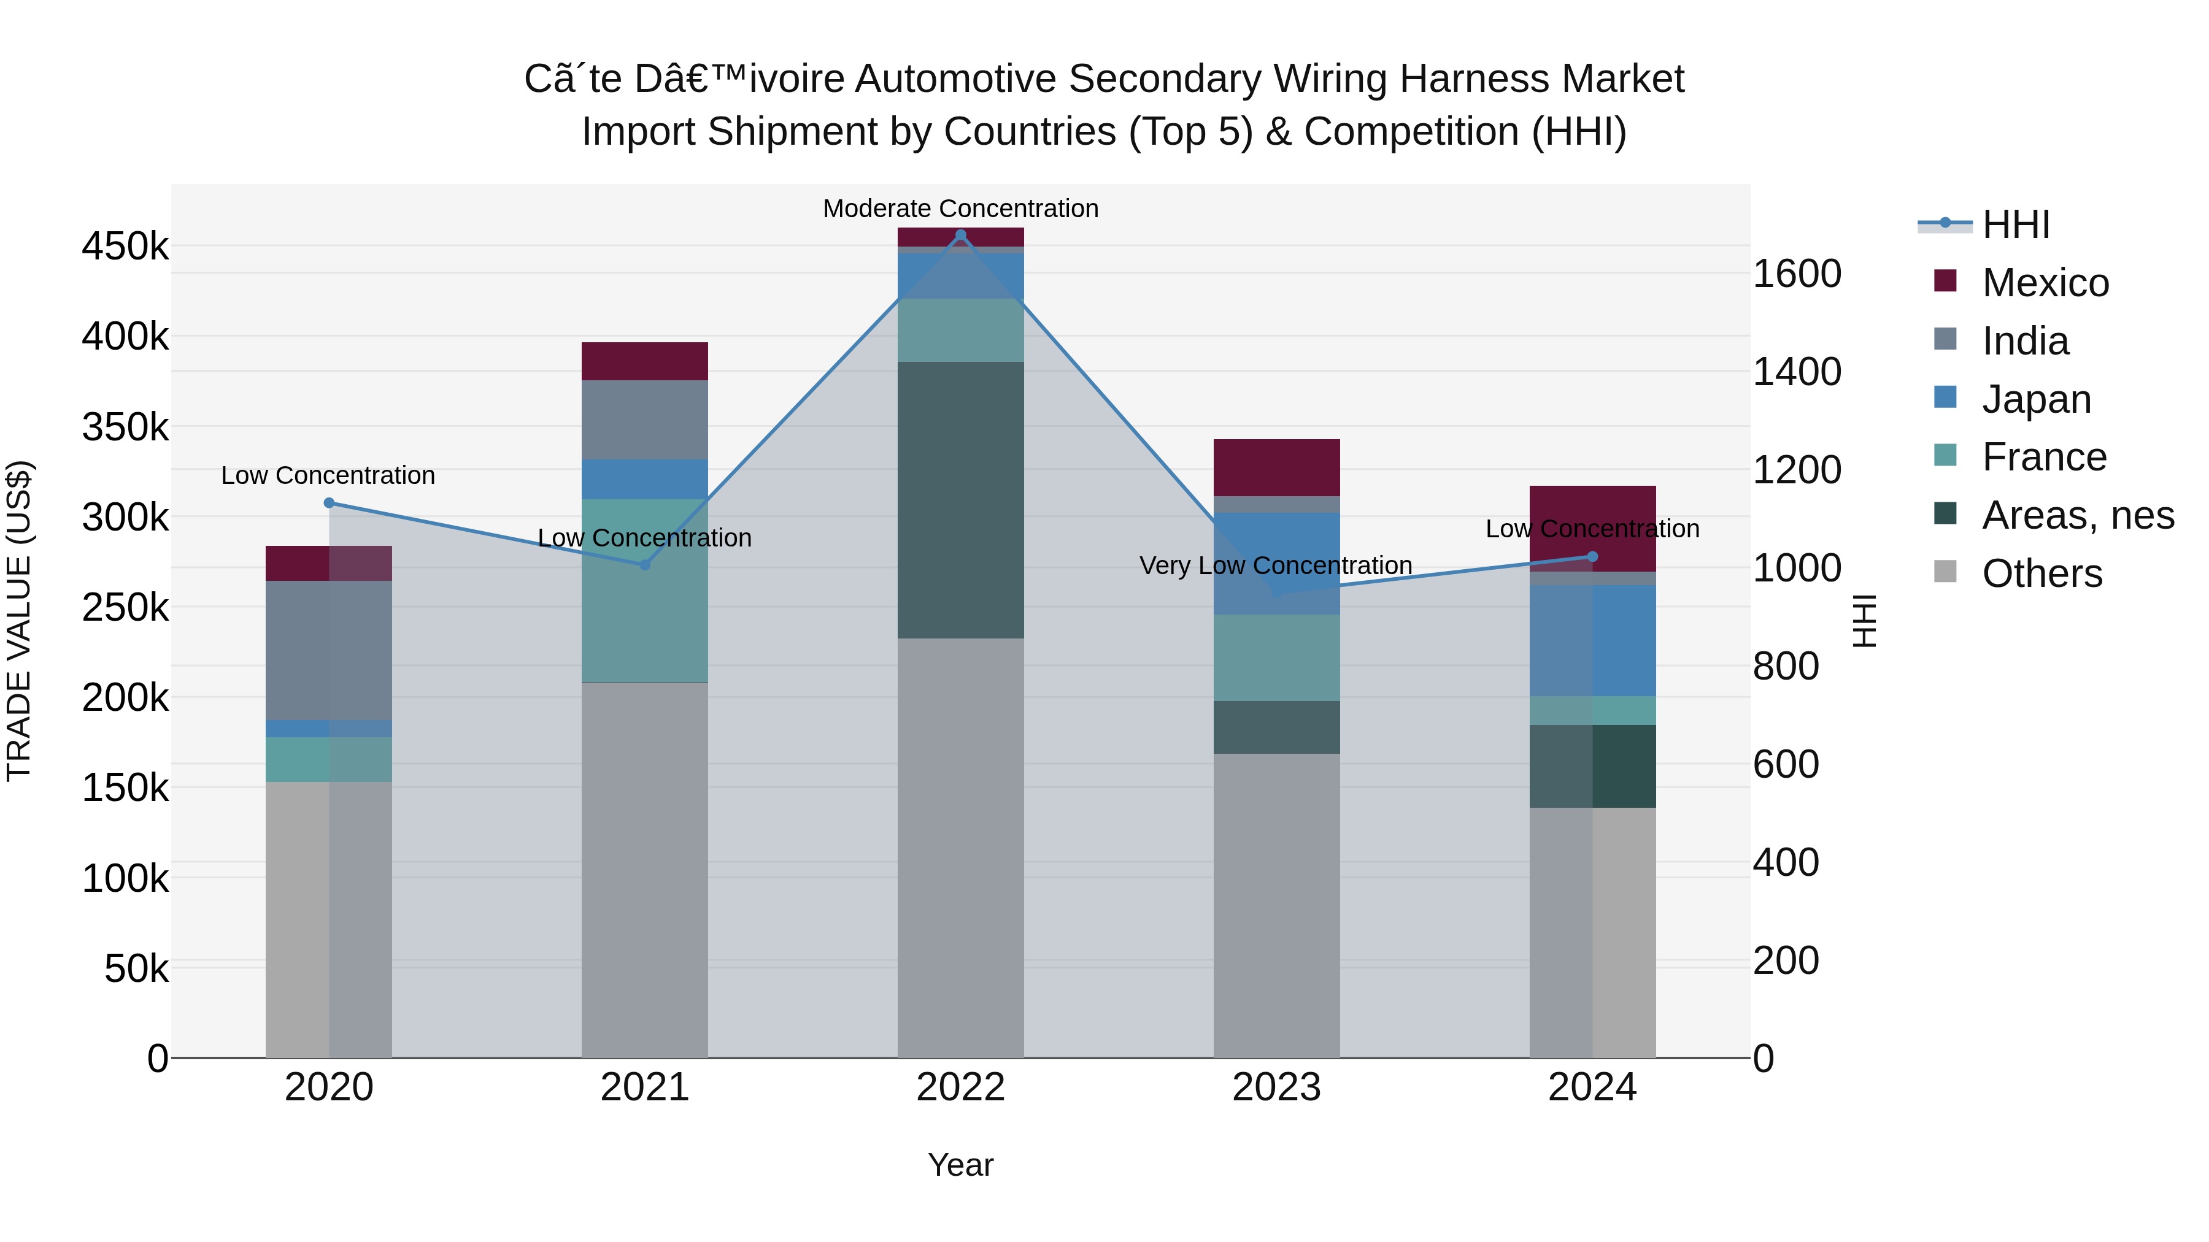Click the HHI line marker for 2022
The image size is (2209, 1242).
(x=960, y=235)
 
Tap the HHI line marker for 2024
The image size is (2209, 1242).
(x=1592, y=557)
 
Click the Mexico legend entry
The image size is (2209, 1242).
(x=2045, y=283)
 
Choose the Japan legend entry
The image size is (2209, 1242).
(x=2036, y=399)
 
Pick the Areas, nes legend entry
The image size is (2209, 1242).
(x=2077, y=515)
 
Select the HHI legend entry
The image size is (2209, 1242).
(x=2015, y=224)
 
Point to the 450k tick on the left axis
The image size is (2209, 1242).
(x=125, y=247)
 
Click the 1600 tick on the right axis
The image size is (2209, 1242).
(x=1797, y=274)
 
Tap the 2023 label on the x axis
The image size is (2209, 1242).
(x=1276, y=1087)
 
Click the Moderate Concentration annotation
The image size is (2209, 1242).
(x=960, y=209)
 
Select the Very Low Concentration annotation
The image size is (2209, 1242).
(x=1275, y=565)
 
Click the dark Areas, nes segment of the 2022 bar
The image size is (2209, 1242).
(x=960, y=500)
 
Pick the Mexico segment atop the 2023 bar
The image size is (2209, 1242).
(x=1276, y=467)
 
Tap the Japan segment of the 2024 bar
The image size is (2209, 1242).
(x=1592, y=640)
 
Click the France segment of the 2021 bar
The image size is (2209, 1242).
(x=645, y=591)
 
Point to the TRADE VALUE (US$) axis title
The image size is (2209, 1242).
(x=19, y=621)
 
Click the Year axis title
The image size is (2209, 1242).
(x=960, y=1165)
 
